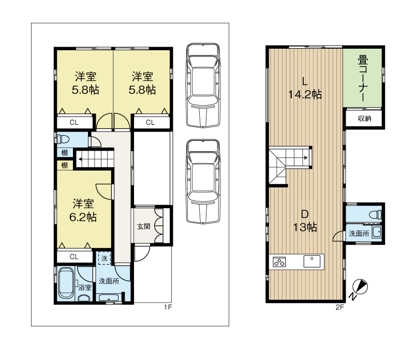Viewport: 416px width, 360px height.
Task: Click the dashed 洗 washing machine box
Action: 104,258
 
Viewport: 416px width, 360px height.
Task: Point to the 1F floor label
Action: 168,308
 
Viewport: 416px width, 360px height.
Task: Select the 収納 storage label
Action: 364,119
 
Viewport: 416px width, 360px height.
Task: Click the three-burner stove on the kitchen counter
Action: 279,262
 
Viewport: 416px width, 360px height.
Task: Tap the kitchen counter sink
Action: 313,261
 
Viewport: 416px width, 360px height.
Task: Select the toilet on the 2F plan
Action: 374,213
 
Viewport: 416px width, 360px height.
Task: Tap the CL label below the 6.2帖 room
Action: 74,256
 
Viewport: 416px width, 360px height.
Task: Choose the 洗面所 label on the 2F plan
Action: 359,234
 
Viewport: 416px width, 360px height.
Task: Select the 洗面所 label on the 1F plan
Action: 109,281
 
